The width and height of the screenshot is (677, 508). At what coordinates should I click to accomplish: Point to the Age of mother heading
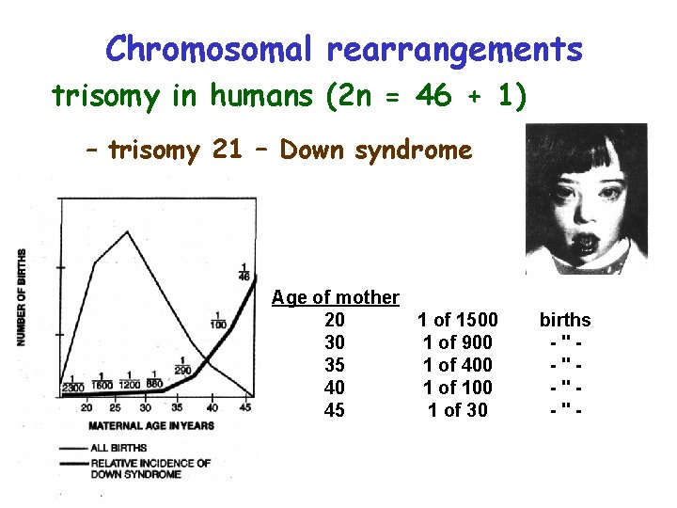336,297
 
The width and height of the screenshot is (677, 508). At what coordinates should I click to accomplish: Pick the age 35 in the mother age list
334,365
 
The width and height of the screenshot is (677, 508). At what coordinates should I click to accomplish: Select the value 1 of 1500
457,320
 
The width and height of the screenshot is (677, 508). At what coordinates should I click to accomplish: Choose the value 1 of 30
457,410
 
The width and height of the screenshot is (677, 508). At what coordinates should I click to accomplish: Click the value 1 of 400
457,365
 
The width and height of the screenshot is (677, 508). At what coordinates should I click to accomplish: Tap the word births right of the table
565,320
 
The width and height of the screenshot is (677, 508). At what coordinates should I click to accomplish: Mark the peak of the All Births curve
127,231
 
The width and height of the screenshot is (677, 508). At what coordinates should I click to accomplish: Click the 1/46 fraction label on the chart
245,272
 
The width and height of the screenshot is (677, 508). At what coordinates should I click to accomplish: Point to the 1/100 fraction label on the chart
219,320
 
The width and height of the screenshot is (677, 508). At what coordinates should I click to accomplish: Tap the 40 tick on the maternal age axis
213,407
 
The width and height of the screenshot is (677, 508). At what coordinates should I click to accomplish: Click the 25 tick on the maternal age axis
116,407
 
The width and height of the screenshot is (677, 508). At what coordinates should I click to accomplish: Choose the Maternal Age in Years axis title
150,425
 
